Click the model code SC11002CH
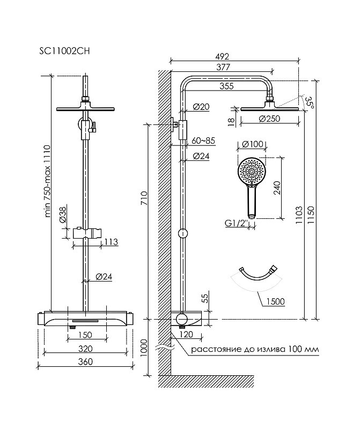[x=64, y=51]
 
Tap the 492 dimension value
[x=222, y=56]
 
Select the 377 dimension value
[x=223, y=67]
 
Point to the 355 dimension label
[x=227, y=86]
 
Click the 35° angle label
[x=310, y=102]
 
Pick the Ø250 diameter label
[x=269, y=119]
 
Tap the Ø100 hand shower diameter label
[x=252, y=144]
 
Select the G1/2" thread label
[x=236, y=223]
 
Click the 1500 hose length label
[x=275, y=301]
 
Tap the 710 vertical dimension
[x=144, y=198]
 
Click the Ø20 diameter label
[x=201, y=106]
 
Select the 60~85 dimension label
[x=203, y=141]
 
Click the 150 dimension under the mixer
[x=85, y=335]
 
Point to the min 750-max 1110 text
[x=47, y=181]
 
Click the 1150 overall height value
[x=311, y=215]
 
